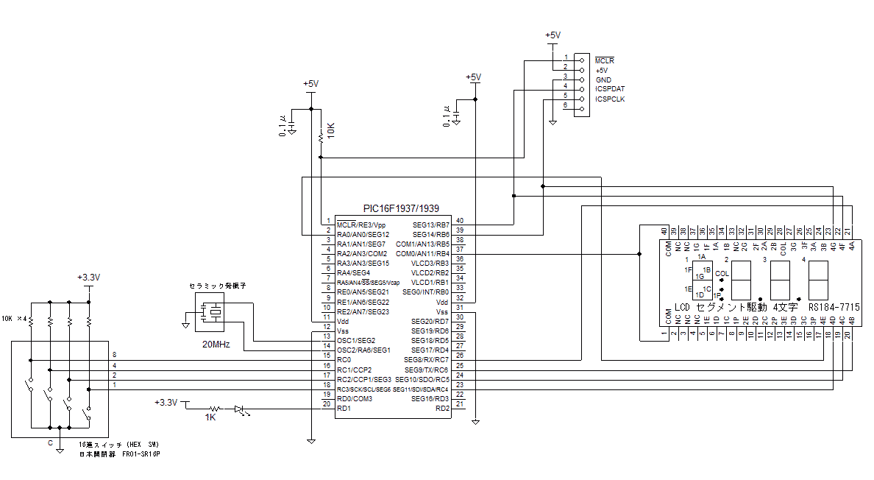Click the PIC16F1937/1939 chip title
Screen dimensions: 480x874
tap(400, 209)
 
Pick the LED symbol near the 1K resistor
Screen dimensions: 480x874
tap(241, 409)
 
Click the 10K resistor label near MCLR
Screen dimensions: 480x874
tap(330, 130)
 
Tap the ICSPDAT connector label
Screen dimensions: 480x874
tap(611, 89)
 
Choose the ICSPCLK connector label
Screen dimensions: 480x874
tap(611, 99)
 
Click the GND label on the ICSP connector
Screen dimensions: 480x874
tap(603, 80)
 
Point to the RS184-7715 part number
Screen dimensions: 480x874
tap(834, 306)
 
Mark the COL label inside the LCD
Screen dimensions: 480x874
tap(722, 273)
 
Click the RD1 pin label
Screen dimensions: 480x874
tap(343, 408)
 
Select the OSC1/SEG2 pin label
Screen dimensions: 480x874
tap(356, 341)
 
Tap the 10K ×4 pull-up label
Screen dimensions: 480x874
tap(15, 319)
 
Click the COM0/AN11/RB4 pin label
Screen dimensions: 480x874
tap(422, 253)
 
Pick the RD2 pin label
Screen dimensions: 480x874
tap(442, 408)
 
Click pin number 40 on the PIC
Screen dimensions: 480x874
tap(460, 220)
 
